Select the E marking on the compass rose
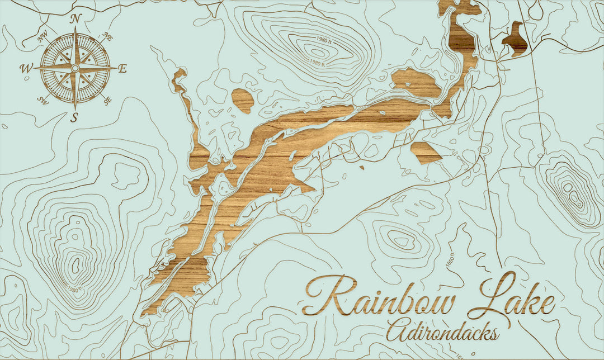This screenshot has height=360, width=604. [122, 69]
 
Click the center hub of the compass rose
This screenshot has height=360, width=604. [75, 68]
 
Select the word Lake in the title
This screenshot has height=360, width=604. [518, 296]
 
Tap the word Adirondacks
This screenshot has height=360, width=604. [442, 331]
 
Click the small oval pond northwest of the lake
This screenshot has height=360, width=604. [242, 100]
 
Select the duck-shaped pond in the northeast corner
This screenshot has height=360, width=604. [516, 41]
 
